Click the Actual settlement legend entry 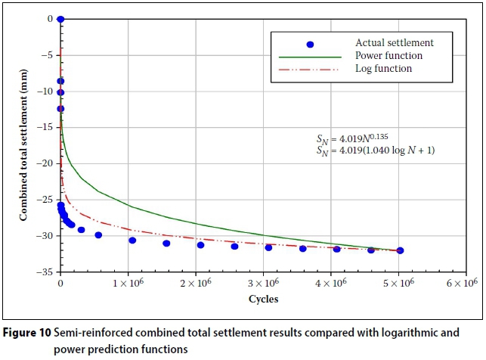coord(387,43)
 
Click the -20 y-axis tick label coord(47,163)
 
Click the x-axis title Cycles coord(264,299)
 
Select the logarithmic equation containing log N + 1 coord(376,151)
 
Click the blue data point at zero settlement coord(60,19)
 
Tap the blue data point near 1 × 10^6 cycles coord(132,241)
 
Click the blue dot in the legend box coord(310,45)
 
